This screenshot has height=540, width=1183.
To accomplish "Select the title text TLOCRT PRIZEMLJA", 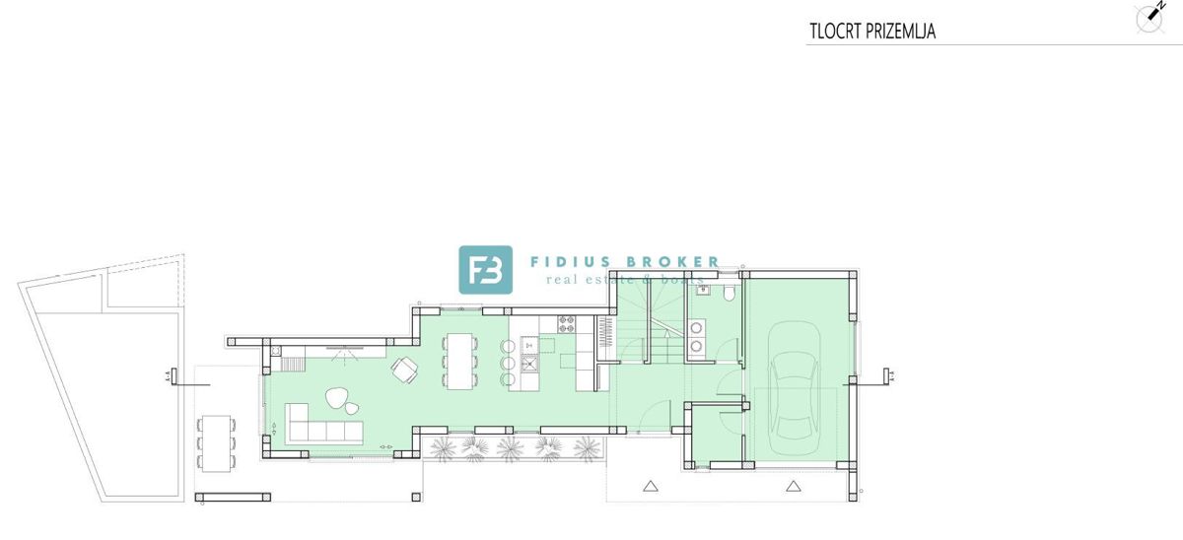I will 870,32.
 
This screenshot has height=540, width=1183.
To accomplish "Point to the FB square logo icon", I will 485,269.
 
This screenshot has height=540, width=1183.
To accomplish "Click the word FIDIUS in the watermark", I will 569,262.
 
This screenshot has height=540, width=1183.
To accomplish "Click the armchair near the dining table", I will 405,369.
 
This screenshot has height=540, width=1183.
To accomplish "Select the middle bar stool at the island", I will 508,364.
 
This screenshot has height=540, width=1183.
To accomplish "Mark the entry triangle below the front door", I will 650,485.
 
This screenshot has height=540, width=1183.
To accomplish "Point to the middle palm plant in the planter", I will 510,448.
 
